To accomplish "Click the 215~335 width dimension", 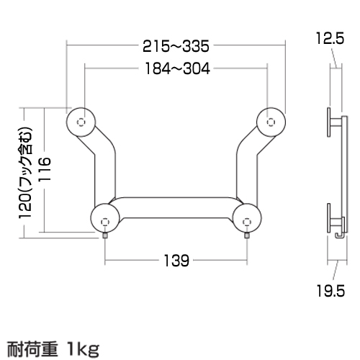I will click(176, 48).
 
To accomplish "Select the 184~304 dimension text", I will click(176, 69).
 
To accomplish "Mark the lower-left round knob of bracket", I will click(106, 219).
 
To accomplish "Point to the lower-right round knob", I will click(246, 219).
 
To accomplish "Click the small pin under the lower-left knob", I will click(106, 236).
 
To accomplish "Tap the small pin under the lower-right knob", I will click(246, 236).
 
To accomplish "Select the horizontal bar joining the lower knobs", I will click(176, 211).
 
